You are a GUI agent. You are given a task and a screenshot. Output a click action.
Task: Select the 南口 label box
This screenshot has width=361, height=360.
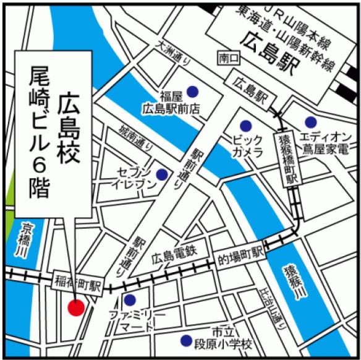pos(227,58)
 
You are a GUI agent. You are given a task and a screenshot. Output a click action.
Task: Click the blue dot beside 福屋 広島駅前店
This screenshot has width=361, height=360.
pos(193,91)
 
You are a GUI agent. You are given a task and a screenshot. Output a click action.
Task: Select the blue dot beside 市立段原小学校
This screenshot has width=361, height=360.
pos(185,340)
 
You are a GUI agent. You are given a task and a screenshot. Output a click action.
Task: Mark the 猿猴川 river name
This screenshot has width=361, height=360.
pos(291,283)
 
